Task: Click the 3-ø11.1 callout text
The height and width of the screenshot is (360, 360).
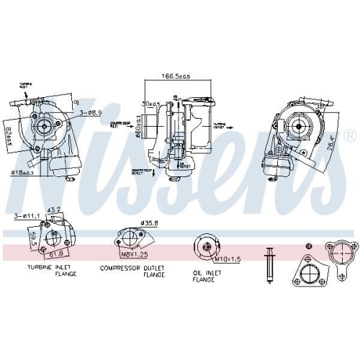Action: [x=26, y=215]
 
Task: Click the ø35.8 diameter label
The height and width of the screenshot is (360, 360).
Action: [x=148, y=223]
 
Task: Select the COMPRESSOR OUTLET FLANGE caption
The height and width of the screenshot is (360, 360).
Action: [x=133, y=272]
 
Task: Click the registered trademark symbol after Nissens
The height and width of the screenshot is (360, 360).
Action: [x=349, y=135]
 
